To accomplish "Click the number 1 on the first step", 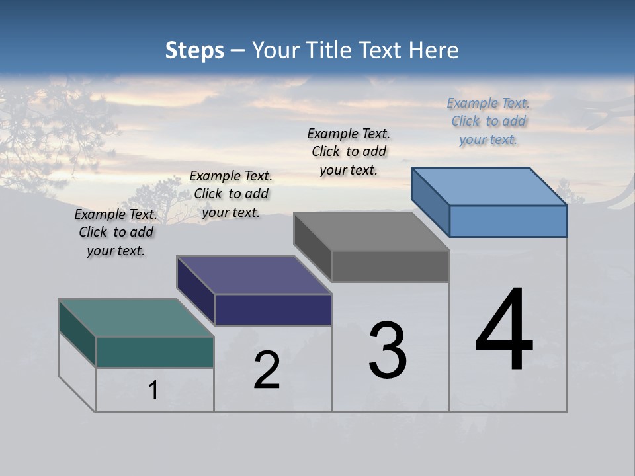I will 153,390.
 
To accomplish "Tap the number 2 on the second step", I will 267,370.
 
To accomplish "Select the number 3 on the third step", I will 388,350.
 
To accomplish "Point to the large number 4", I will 504,331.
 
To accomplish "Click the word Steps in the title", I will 194,50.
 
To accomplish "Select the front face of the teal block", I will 155,352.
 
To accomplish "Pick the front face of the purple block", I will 273,309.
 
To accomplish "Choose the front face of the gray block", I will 390,266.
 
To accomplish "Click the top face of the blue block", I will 489,186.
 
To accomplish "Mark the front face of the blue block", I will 508,221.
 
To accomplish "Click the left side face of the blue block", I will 430,202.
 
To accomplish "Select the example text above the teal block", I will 116,233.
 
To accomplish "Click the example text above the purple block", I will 231,194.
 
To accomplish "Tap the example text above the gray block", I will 349,151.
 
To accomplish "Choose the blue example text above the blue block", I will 488,121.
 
